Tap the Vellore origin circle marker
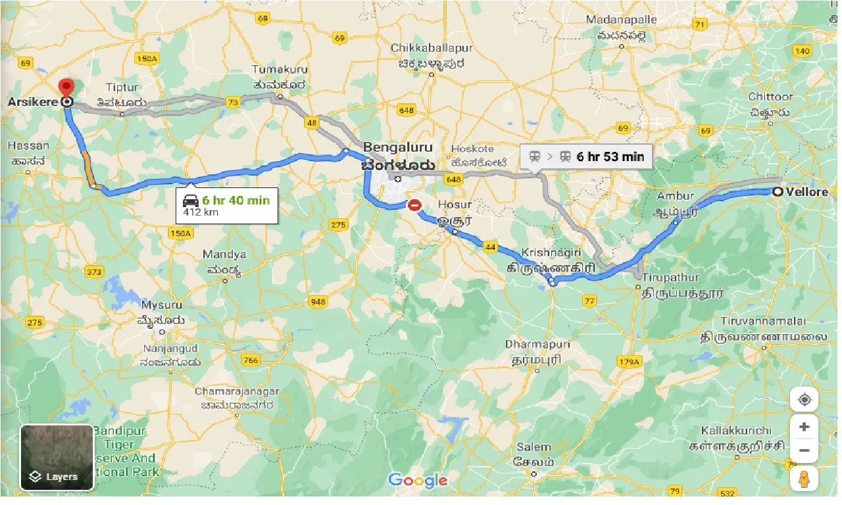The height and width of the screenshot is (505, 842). (778, 192)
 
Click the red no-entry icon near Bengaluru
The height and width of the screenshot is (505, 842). (414, 205)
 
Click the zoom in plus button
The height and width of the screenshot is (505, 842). (804, 427)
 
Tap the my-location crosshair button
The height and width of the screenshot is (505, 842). (804, 400)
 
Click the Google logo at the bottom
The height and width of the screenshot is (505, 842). (418, 481)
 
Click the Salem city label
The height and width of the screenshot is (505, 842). (533, 447)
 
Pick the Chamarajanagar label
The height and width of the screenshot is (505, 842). (236, 391)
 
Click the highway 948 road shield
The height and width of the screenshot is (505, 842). (318, 301)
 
